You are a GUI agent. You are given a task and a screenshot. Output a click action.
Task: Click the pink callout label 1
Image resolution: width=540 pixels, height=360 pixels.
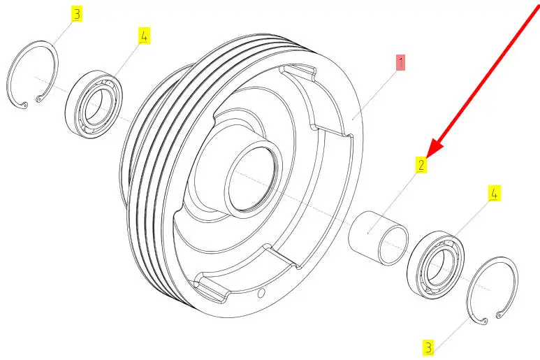[400, 62]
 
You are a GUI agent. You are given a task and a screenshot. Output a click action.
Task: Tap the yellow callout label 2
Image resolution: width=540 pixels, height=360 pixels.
[421, 165]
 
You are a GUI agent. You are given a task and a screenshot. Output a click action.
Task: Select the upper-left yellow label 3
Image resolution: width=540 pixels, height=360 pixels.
[76, 14]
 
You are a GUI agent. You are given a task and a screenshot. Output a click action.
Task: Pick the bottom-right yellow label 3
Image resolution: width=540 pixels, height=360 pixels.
[428, 347]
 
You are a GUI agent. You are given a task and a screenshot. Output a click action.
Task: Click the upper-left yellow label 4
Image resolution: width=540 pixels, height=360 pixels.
[144, 36]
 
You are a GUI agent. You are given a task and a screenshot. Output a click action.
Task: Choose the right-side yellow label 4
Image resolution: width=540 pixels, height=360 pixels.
[494, 193]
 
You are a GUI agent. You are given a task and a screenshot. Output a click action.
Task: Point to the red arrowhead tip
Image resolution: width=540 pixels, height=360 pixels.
[427, 158]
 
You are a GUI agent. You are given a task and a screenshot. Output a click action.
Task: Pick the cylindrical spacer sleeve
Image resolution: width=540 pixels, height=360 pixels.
[378, 238]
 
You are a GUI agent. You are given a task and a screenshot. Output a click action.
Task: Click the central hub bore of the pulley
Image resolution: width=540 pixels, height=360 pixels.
[253, 179]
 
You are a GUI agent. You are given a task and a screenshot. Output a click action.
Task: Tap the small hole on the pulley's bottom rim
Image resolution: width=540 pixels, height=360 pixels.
[261, 293]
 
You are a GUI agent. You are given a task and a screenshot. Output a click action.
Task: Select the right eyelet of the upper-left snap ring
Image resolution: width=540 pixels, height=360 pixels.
[38, 99]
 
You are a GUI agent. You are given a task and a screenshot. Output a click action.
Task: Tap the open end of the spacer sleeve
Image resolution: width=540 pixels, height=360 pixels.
[393, 245]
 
